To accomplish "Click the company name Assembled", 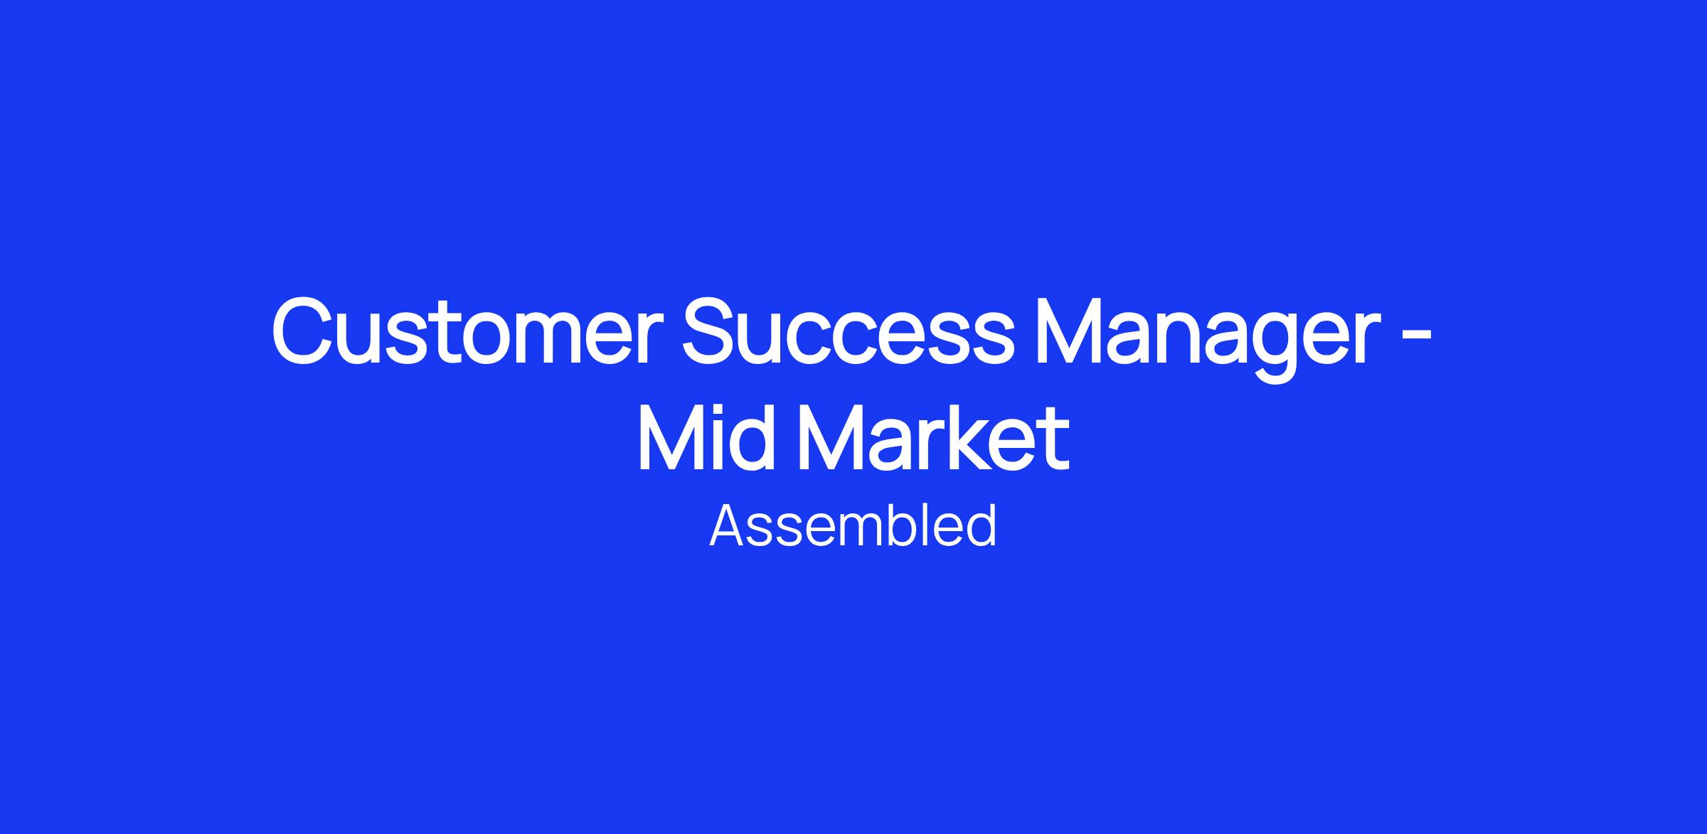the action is [x=853, y=525].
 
